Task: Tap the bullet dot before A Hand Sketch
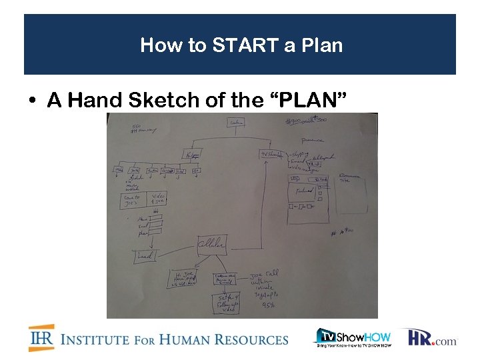click(32, 101)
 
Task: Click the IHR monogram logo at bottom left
click(41, 338)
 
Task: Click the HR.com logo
click(432, 338)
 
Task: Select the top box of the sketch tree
click(235, 123)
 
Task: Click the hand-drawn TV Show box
click(271, 155)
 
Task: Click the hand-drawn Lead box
click(145, 255)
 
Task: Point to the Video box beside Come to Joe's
click(158, 198)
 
